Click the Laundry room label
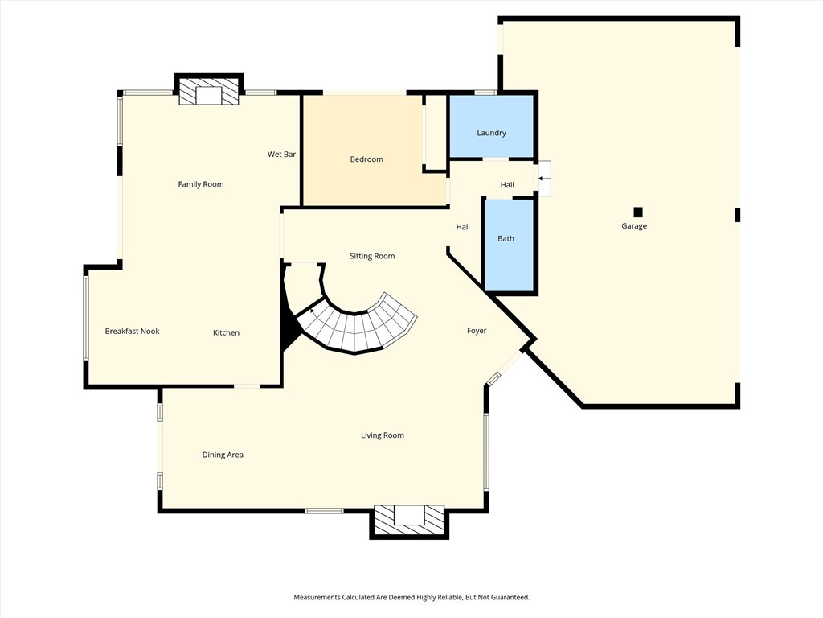pyautogui.click(x=491, y=133)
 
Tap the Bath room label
pyautogui.click(x=506, y=238)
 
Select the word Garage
pyautogui.click(x=633, y=226)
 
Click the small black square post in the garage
pyautogui.click(x=638, y=212)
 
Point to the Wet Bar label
pyautogui.click(x=281, y=154)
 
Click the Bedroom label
pyautogui.click(x=366, y=159)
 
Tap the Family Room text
pyautogui.click(x=201, y=184)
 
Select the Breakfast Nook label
pyautogui.click(x=132, y=331)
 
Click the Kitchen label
pyautogui.click(x=226, y=332)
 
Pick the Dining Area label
pyautogui.click(x=223, y=455)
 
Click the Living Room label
pyautogui.click(x=382, y=435)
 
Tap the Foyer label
pyautogui.click(x=477, y=331)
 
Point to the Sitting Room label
pyautogui.click(x=372, y=256)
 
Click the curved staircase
pyautogui.click(x=362, y=326)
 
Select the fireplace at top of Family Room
pyautogui.click(x=208, y=92)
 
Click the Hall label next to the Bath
pyautogui.click(x=463, y=227)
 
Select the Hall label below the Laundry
pyautogui.click(x=507, y=185)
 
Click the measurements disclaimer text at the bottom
pyautogui.click(x=411, y=597)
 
